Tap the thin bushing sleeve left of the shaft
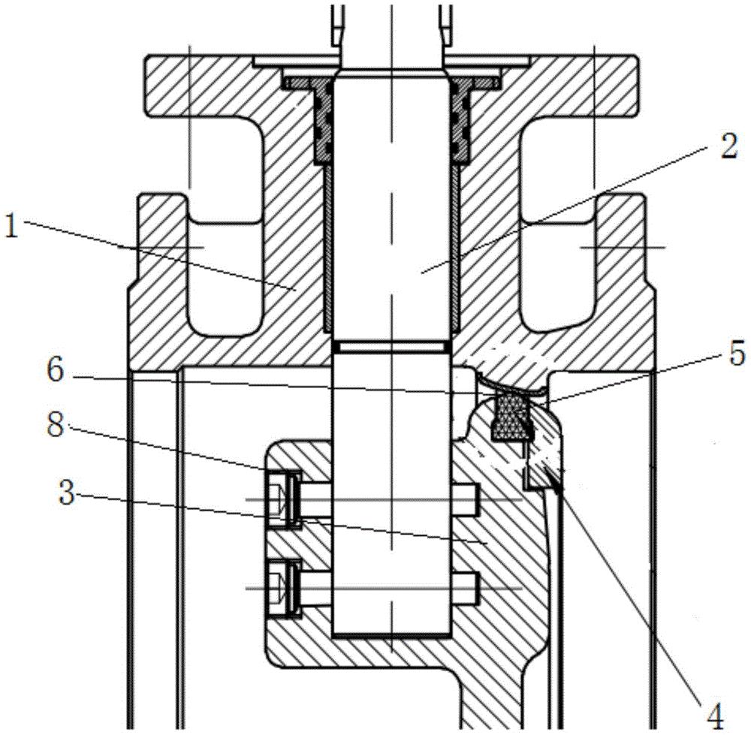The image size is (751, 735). (x=328, y=249)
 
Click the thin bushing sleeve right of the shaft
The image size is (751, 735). (x=455, y=249)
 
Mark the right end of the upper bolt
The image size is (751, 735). (x=478, y=500)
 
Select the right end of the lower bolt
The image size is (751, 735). (x=478, y=588)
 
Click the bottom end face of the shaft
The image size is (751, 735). (x=391, y=634)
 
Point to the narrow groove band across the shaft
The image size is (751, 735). (x=391, y=347)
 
